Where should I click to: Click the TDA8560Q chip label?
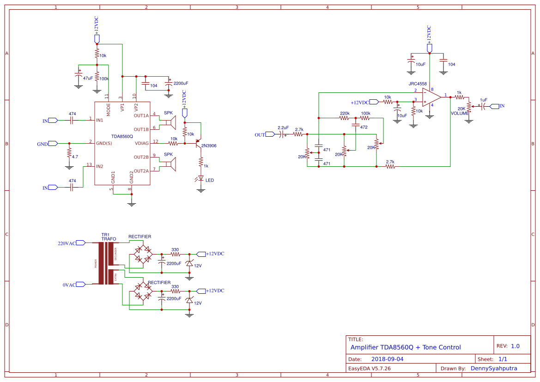pos(122,136)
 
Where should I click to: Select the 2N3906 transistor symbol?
pos(200,143)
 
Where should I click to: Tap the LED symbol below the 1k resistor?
pos(201,178)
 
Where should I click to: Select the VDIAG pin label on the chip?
pos(142,143)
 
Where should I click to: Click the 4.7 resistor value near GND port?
pos(75,157)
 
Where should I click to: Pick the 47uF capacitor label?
pos(88,79)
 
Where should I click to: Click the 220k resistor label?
pos(344,113)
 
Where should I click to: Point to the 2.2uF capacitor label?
pos(283,127)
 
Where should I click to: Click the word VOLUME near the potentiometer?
pos(460,113)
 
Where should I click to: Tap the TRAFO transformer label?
pos(109,239)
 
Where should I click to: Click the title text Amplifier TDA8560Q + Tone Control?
pos(405,347)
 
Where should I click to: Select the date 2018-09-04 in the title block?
pos(387,359)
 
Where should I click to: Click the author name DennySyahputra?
pos(493,368)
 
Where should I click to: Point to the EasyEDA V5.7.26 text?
pos(369,368)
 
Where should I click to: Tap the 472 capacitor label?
pos(364,127)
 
